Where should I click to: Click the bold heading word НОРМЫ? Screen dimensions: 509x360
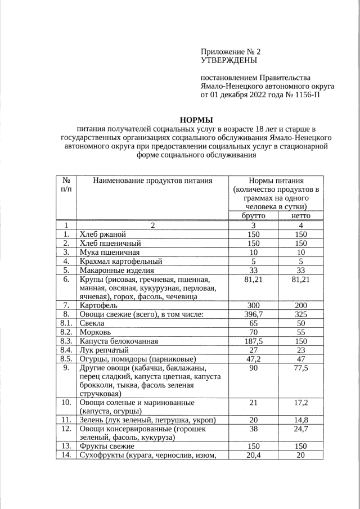[x=196, y=120]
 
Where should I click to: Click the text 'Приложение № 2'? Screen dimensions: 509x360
[x=231, y=51]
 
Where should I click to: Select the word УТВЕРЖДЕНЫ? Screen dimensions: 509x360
[x=228, y=60]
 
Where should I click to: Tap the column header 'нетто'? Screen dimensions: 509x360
[x=301, y=216]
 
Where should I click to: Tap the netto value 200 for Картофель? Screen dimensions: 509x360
[x=301, y=305]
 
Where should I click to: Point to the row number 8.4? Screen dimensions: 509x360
[x=66, y=350]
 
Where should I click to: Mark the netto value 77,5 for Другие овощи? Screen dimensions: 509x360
[x=301, y=368]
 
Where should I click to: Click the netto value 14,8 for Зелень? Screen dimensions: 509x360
[x=301, y=420]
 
